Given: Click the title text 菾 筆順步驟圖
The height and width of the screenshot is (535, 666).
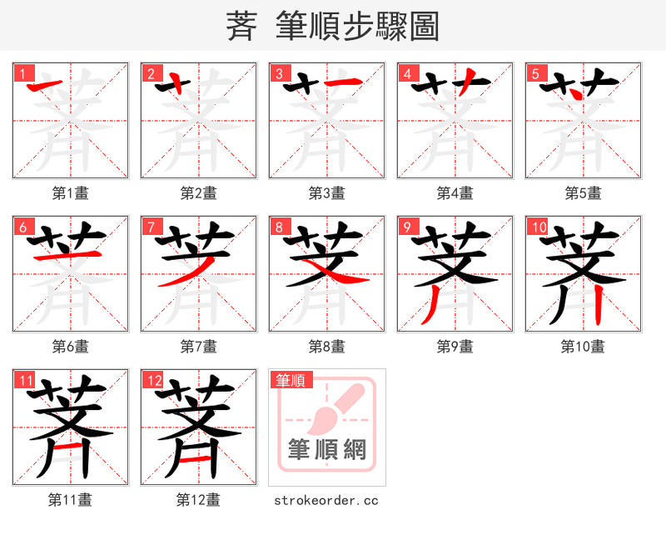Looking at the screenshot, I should [x=332, y=26].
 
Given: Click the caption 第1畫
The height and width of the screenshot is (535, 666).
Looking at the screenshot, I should [x=70, y=193].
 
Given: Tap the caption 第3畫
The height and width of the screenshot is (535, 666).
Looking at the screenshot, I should [x=326, y=193].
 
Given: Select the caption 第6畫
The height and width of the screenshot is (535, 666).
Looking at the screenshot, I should [x=70, y=346].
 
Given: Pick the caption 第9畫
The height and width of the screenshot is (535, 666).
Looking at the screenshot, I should [x=455, y=346].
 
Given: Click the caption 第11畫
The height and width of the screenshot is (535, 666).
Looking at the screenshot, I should [x=70, y=500].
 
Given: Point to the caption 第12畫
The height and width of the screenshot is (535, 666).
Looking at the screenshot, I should [x=198, y=500].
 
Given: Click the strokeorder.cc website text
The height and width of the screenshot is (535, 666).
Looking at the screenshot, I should [x=326, y=500].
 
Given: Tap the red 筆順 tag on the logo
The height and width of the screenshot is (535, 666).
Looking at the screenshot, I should [x=291, y=380].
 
